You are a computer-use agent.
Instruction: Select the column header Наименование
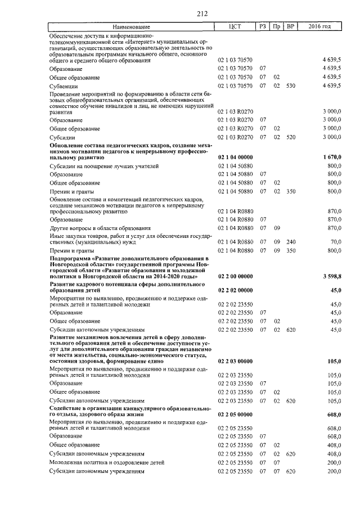point(131,26)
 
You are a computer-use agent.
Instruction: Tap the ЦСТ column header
point(235,26)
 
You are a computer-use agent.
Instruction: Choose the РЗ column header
point(263,26)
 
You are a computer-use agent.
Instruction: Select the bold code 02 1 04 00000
point(235,158)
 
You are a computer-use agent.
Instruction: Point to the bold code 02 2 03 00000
point(235,361)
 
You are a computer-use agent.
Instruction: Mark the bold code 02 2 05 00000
point(235,415)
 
